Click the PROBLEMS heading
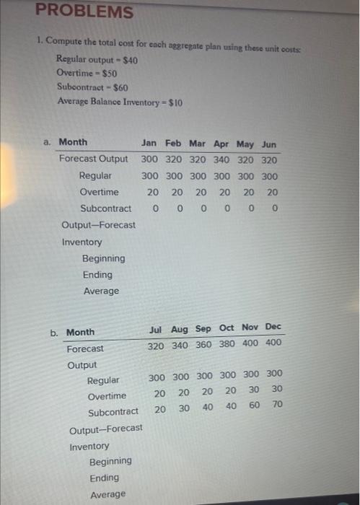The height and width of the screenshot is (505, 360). tap(85, 12)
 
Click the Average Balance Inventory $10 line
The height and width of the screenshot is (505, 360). tap(120, 102)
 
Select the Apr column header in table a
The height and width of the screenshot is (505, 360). tap(223, 143)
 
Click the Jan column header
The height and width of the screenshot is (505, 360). tap(150, 143)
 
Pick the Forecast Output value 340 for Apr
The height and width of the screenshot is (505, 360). tap(223, 159)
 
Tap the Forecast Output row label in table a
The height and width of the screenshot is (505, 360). tap(94, 159)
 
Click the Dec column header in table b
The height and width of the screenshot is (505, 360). tap(273, 327)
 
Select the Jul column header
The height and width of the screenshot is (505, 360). tap(155, 329)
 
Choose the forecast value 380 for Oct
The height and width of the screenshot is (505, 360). tap(227, 344)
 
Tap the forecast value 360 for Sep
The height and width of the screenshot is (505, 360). tap(204, 345)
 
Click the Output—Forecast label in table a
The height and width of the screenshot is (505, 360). tap(99, 225)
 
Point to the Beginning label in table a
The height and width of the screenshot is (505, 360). tap(103, 258)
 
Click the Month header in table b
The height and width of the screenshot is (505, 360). tap(80, 333)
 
